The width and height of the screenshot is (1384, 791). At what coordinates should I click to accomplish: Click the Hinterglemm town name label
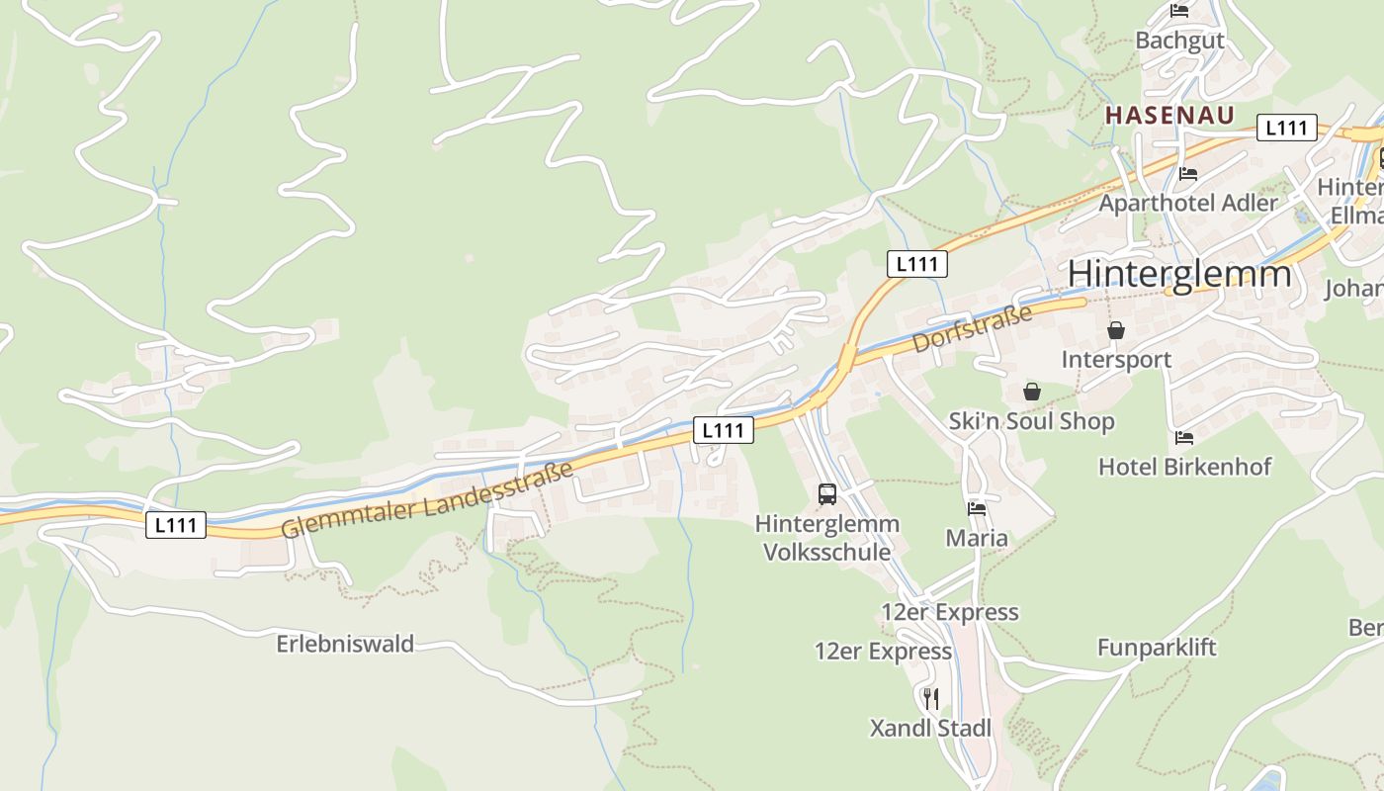(1179, 274)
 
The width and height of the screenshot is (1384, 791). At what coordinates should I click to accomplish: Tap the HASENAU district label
(1169, 115)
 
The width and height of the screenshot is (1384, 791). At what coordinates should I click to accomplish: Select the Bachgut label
(1179, 41)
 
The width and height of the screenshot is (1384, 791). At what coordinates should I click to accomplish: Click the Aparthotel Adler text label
(1188, 203)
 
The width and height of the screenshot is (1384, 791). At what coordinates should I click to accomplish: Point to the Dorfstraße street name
(972, 328)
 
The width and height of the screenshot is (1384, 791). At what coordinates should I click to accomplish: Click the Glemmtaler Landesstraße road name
(427, 500)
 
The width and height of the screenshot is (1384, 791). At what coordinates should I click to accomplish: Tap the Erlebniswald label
(345, 645)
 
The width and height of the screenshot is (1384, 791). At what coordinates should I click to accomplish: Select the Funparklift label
(1157, 648)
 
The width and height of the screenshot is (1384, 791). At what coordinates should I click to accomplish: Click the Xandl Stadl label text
(930, 729)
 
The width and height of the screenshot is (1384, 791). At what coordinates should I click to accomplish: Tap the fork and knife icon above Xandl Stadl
(930, 699)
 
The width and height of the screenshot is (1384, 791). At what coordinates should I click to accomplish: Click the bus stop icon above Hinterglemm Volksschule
(827, 494)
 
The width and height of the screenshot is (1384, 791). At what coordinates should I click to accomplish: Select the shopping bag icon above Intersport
(1116, 330)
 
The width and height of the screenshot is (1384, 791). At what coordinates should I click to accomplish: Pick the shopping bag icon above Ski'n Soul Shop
(1032, 392)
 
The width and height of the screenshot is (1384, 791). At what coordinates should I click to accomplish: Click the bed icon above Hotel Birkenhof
(1184, 437)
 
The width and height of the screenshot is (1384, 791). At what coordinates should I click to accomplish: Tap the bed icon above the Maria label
(977, 509)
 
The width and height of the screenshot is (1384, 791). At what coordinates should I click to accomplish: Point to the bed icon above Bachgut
(1179, 11)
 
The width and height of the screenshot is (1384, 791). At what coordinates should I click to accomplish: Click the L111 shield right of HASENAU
(1286, 128)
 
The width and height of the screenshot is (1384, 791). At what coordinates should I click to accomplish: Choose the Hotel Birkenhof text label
(1184, 467)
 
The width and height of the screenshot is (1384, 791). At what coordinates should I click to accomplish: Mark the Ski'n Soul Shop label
(1031, 421)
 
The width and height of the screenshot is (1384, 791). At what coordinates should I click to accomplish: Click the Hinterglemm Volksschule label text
(827, 538)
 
